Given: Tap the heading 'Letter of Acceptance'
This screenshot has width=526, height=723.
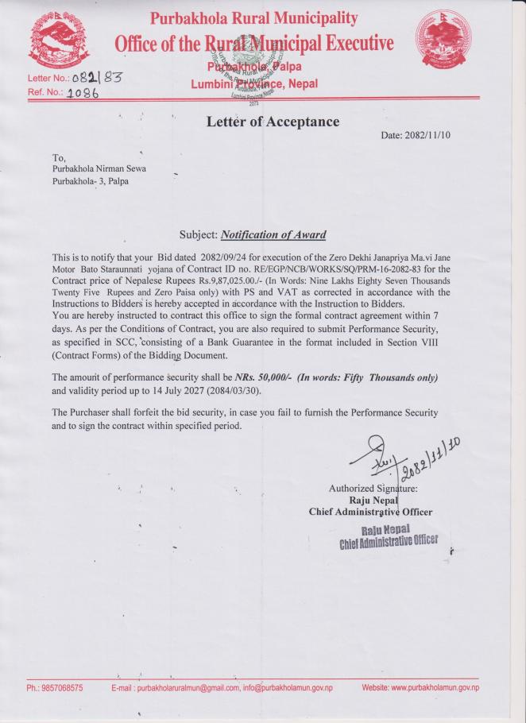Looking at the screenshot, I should coord(272,122).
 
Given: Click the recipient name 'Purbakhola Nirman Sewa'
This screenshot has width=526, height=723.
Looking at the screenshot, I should coord(99,168).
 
